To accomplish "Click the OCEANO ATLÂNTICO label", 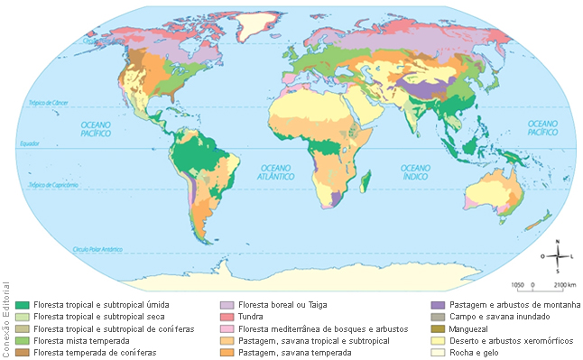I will click(x=282, y=173).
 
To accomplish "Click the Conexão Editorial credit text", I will click(x=7, y=318).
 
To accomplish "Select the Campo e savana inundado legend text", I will click(x=496, y=317).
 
